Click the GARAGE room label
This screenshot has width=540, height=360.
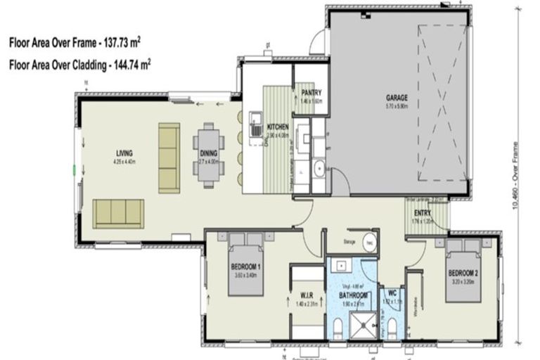click(397, 98)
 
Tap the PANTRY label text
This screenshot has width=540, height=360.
click(311, 92)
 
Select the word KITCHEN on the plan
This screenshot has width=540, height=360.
click(278, 127)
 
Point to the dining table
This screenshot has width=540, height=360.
click(208, 154)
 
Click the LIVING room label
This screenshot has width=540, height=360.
click(125, 153)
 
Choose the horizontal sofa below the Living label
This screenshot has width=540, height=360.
click(118, 213)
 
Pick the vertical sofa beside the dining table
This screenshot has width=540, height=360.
click(169, 157)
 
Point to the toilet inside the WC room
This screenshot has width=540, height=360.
click(391, 327)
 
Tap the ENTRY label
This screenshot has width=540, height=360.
click(423, 212)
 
